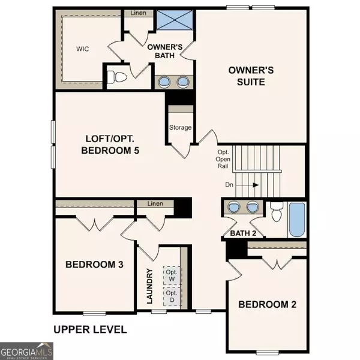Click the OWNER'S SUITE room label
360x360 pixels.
click(x=251, y=76)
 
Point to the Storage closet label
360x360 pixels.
click(x=180, y=127)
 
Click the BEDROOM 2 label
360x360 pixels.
click(x=267, y=304)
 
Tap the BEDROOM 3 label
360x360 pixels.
click(x=94, y=264)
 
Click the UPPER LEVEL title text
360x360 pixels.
click(x=90, y=329)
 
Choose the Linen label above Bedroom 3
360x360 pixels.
click(x=155, y=205)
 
